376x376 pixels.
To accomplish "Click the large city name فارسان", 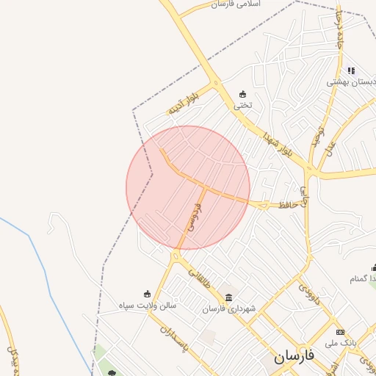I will pos(294,357).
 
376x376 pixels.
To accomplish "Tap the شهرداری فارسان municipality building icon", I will pos(229,298).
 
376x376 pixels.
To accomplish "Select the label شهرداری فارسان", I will pos(229,309).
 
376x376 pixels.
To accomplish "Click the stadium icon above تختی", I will pos(243,94).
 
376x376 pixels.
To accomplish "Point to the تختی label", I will pos(243,105).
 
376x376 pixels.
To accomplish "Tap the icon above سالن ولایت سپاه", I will pos(147,294).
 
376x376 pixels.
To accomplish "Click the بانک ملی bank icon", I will pos(339,332).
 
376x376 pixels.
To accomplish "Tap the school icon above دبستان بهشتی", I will pos(351,71).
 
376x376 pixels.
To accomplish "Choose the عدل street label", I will pos(328,148).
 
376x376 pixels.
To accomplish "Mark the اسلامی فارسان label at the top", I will pos(246,4).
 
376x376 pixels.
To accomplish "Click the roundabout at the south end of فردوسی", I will pos(176,256).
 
